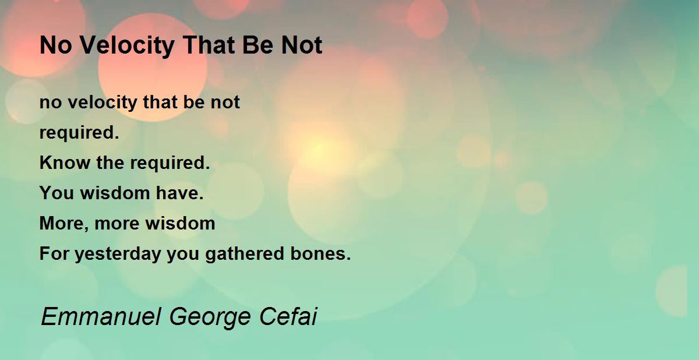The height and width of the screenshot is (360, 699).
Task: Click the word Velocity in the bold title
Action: pyautogui.click(x=128, y=46)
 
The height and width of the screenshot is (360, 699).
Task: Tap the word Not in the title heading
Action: pyautogui.click(x=302, y=45)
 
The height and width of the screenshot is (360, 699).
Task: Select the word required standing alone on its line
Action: pyautogui.click(x=79, y=133)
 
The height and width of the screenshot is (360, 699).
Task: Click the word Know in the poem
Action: pyautogui.click(x=65, y=163)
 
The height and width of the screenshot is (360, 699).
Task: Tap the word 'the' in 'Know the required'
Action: pyautogui.click(x=110, y=163)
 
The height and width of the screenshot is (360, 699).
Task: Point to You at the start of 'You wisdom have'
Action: pyautogui.click(x=57, y=193)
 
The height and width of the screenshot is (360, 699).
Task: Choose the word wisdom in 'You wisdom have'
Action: pyautogui.click(x=115, y=193)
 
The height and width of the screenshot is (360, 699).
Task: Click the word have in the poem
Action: pyautogui.click(x=179, y=193)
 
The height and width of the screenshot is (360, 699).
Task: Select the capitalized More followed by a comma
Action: pyautogui.click(x=64, y=224)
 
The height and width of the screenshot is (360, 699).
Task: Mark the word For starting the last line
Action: pyautogui.click(x=54, y=253)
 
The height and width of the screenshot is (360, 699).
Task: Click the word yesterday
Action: pyautogui.click(x=118, y=254)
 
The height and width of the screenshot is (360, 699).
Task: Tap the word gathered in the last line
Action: pyautogui.click(x=245, y=254)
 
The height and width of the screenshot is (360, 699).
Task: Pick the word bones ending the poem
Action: pyautogui.click(x=320, y=253)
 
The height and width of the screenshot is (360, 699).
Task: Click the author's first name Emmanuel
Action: pyautogui.click(x=101, y=317)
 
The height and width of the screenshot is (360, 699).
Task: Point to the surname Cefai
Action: pyautogui.click(x=288, y=316)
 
